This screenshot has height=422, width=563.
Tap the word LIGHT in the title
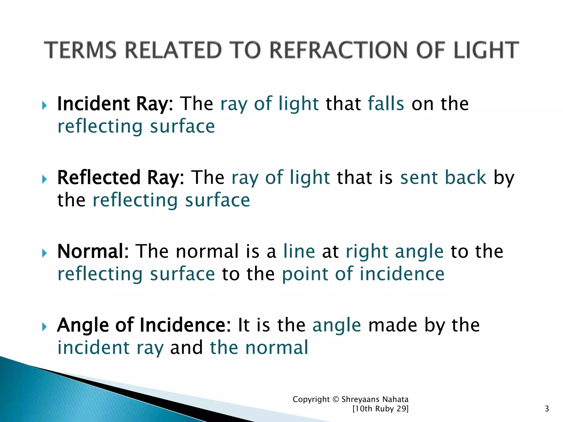[486, 50]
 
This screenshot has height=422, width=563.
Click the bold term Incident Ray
[113, 104]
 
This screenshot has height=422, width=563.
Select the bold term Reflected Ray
[118, 178]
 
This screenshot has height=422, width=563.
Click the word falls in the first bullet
[386, 104]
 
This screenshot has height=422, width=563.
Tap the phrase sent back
[443, 178]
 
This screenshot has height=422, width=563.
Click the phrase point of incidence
[363, 274]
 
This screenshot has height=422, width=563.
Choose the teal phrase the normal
[259, 348]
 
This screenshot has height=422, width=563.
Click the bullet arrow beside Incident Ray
[45, 105]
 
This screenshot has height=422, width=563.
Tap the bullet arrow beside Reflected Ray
[45, 179]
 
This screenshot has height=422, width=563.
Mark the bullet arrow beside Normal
[45, 253]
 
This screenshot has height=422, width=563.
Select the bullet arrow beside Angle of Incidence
[45, 327]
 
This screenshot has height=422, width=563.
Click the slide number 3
[547, 409]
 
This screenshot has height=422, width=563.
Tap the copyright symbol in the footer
[335, 399]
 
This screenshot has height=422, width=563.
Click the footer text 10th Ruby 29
[380, 409]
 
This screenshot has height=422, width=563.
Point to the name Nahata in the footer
[396, 399]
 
